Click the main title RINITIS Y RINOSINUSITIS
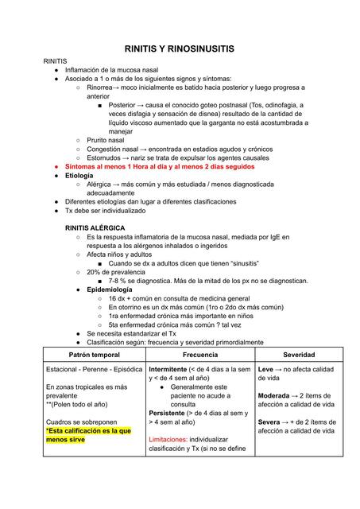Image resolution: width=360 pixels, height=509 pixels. tap(180, 49)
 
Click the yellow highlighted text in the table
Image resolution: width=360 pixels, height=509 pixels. tap(87, 434)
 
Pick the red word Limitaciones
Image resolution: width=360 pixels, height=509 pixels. tap(170, 439)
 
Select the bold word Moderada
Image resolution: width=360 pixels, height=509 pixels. tap(274, 395)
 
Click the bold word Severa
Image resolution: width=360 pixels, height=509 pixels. tap(269, 422)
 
